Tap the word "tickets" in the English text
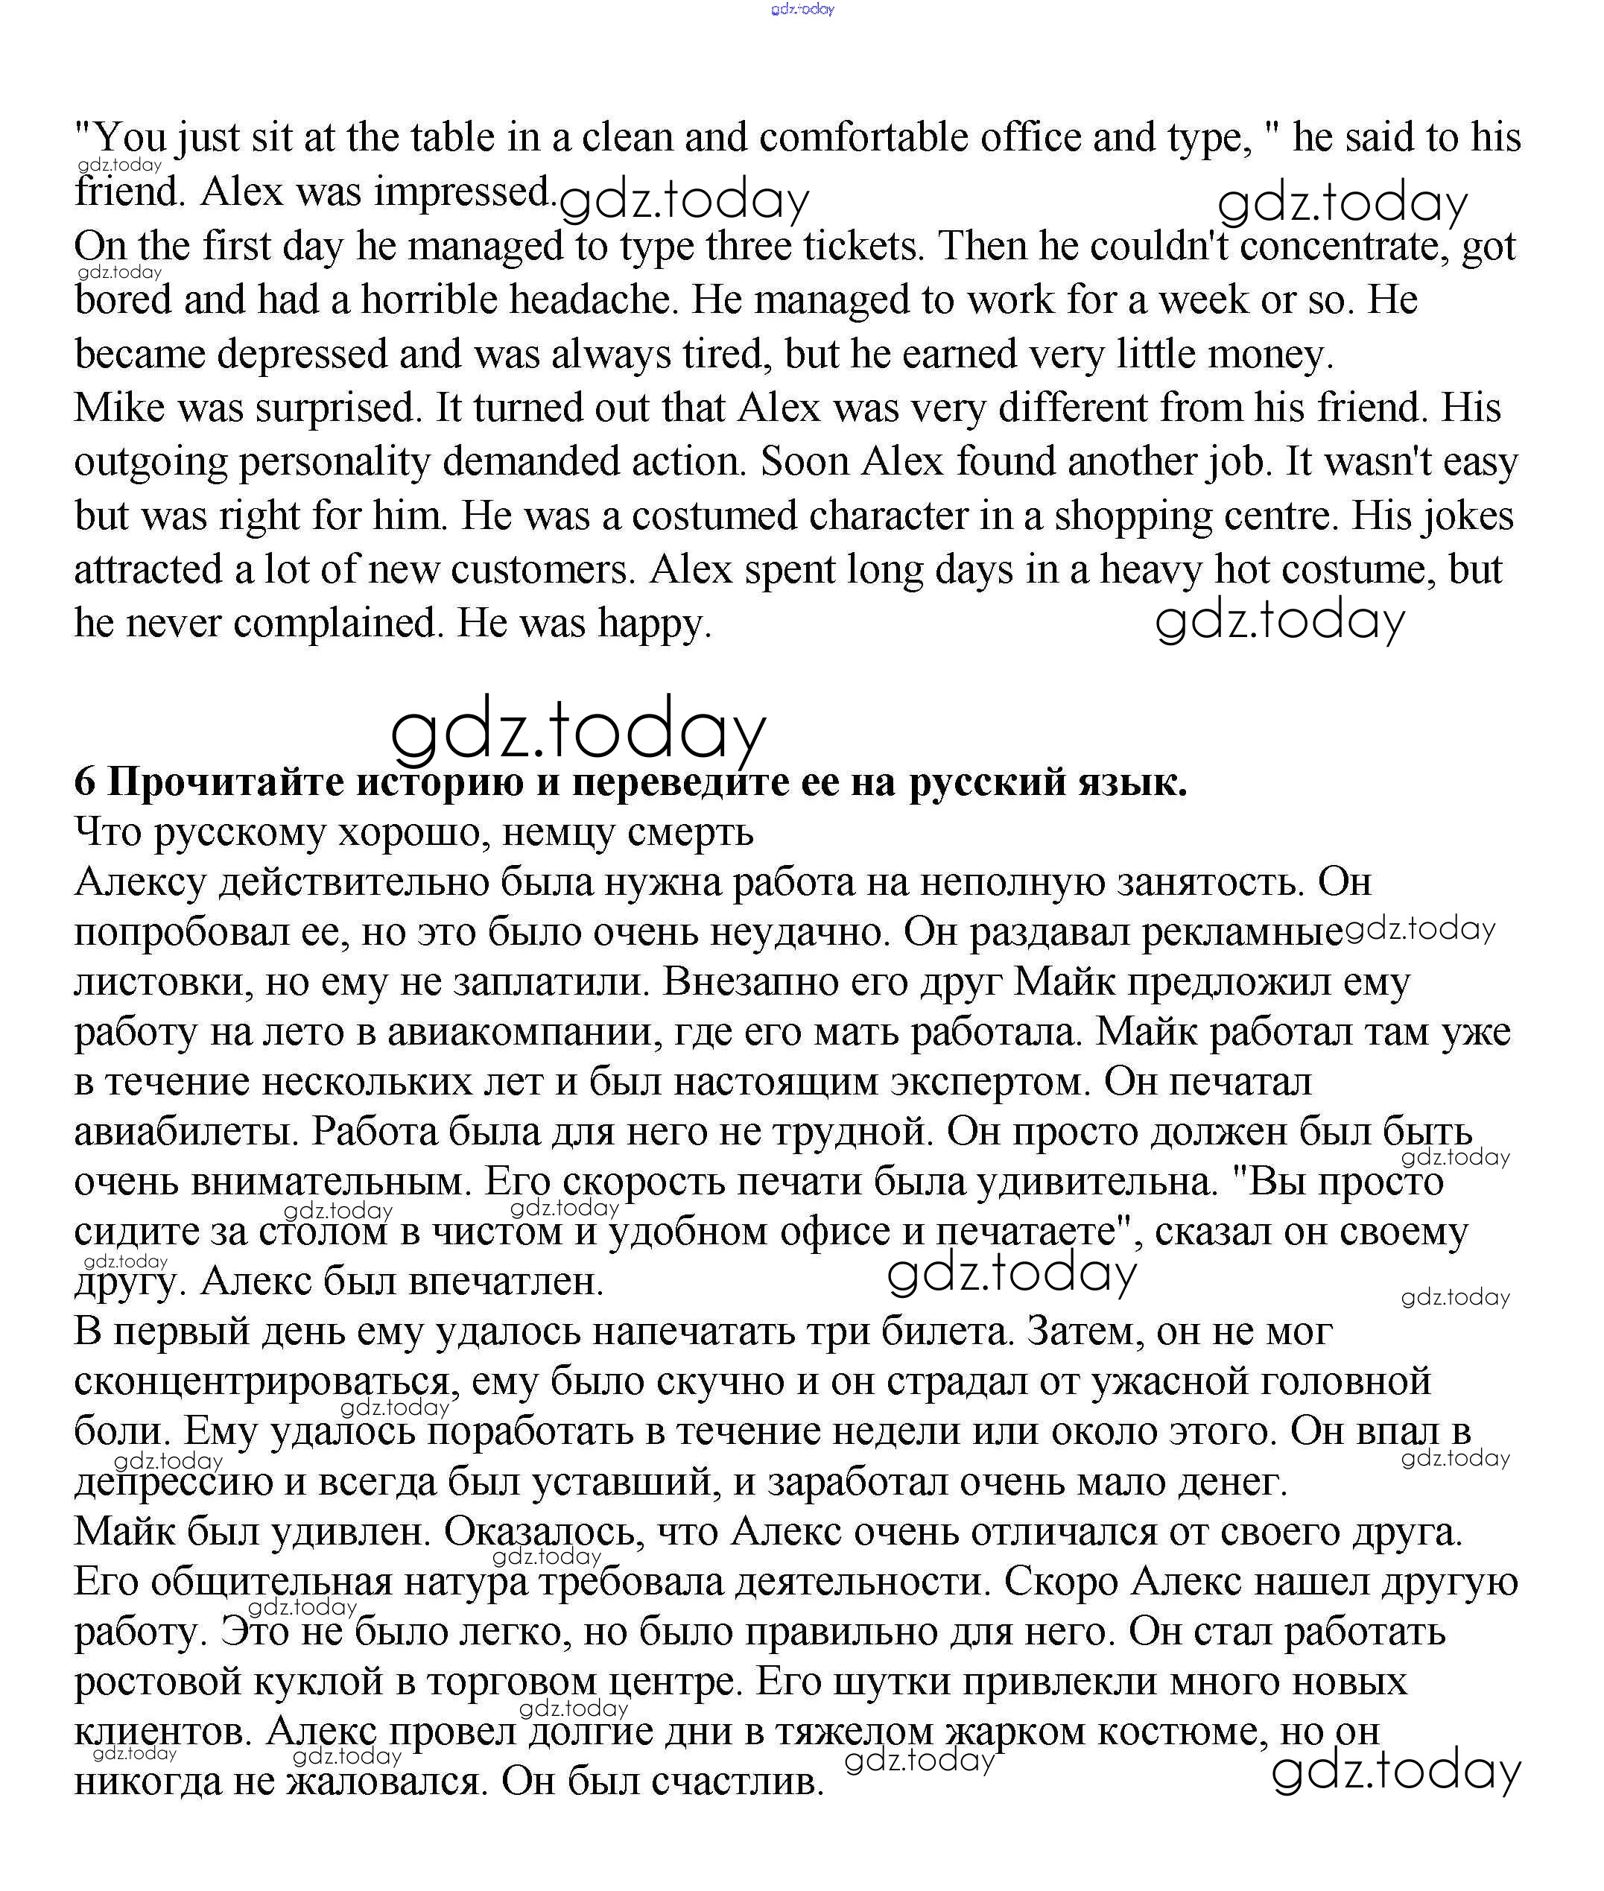pyautogui.click(x=860, y=247)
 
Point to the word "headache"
pyautogui.click(x=593, y=300)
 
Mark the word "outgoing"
pyautogui.click(x=150, y=462)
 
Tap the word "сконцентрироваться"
pyautogui.click(x=262, y=1382)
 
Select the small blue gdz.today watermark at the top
pyautogui.click(x=802, y=9)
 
